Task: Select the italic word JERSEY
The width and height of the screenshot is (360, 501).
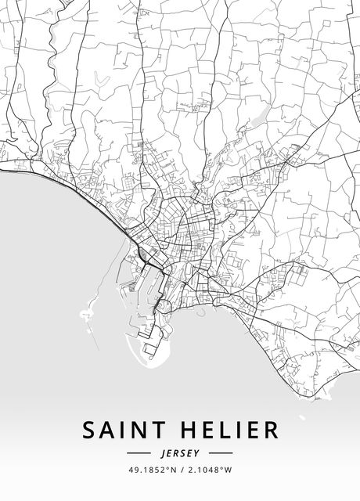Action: tap(179, 453)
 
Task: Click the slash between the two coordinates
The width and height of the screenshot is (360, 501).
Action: tap(180, 470)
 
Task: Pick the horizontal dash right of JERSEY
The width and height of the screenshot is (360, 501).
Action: tap(221, 453)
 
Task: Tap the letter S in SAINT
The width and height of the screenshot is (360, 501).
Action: tap(89, 431)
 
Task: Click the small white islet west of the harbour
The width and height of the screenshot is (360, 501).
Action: tap(85, 315)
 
